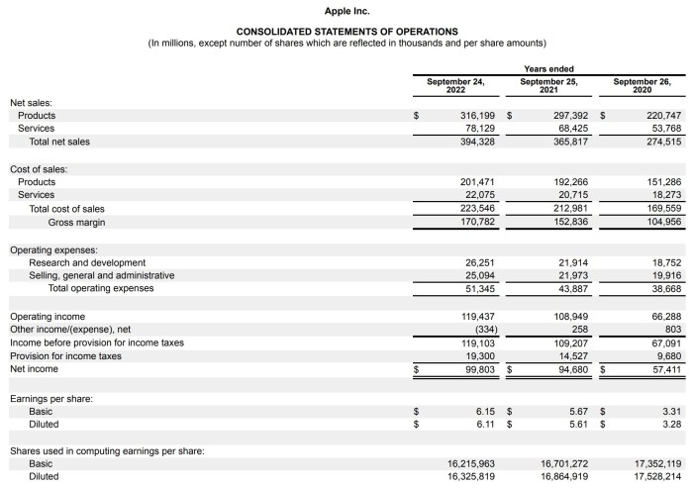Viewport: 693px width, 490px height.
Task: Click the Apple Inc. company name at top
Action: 346,11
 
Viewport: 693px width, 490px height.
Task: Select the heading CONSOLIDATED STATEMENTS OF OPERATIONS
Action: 346,32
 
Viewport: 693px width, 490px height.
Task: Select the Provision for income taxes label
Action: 65,355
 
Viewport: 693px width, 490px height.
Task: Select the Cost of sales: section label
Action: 39,168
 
